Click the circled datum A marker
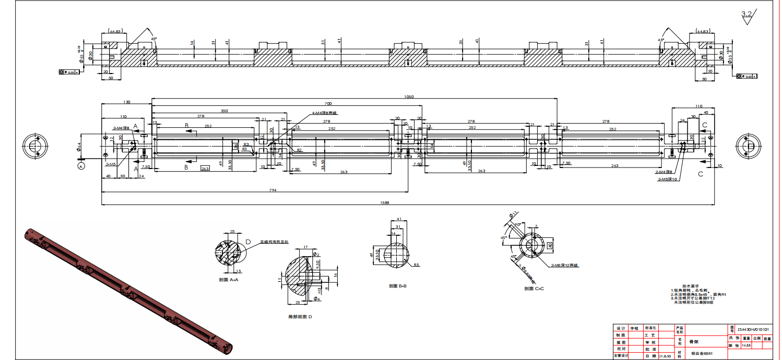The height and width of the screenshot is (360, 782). tap(81, 166)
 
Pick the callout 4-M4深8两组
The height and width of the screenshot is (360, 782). tap(325, 113)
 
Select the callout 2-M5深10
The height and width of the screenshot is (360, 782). tap(667, 179)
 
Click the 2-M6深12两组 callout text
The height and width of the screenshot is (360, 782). tap(564, 265)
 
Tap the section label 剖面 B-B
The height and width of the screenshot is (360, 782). tap(398, 286)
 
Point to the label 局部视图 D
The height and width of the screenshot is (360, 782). tap(300, 317)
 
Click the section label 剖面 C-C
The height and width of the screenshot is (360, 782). tap(534, 288)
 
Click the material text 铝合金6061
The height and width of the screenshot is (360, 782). tap(701, 354)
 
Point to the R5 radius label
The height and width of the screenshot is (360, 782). tap(416, 265)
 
